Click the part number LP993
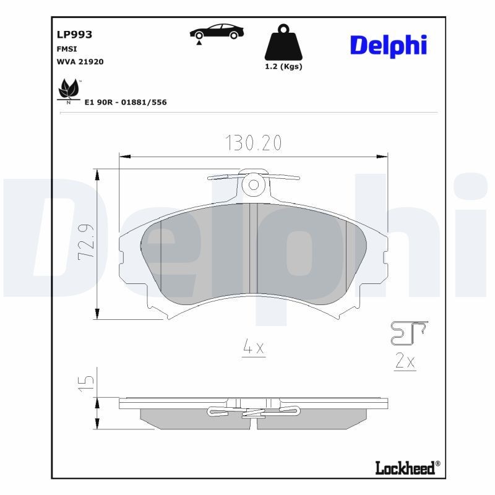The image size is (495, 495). point(74,35)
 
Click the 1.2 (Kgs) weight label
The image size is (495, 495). point(283,67)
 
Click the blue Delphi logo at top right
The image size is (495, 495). point(389,45)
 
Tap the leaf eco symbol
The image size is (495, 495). point(68,90)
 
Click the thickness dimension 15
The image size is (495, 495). point(86,381)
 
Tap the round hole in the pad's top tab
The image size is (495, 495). point(253,184)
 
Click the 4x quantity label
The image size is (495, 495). point(253,348)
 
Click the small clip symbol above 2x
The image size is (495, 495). point(408,333)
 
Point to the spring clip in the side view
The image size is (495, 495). point(254,411)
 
